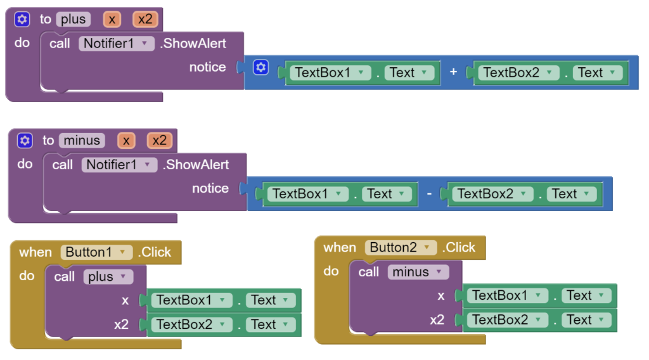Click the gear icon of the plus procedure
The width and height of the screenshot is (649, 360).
click(22, 19)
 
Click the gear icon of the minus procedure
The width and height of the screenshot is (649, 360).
click(25, 140)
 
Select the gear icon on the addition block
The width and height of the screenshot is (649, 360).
click(260, 67)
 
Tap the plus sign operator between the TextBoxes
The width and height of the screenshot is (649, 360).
click(453, 72)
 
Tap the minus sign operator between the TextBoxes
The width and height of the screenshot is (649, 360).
click(429, 194)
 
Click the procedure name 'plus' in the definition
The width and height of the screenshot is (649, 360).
click(74, 19)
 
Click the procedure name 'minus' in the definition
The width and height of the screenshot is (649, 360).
click(82, 140)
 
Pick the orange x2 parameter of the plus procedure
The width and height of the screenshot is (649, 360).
click(145, 19)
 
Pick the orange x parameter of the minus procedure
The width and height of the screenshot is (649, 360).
click(126, 140)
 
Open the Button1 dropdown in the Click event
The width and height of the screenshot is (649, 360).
click(96, 252)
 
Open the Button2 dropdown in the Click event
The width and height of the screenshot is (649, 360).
click(401, 247)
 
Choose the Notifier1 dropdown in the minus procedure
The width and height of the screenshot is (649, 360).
click(119, 165)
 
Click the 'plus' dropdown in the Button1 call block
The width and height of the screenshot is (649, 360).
click(108, 276)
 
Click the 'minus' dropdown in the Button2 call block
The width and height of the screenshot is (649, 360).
click(418, 272)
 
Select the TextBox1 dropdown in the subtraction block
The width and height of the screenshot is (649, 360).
click(307, 194)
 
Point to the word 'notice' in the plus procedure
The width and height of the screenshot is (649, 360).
click(207, 67)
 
